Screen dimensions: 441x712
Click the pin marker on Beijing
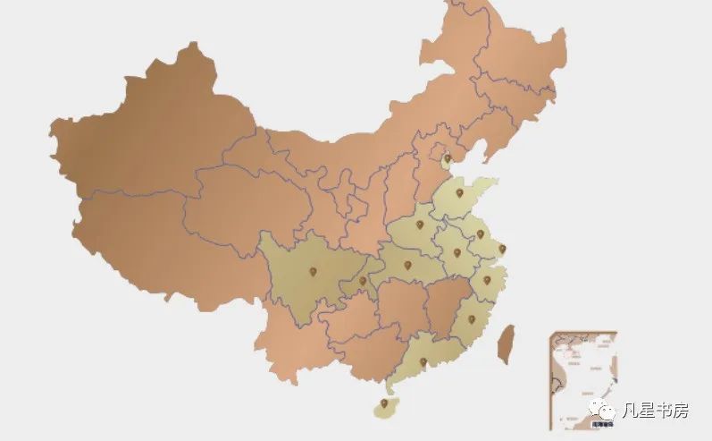pos(447,159)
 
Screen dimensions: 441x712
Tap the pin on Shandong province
pos(460,192)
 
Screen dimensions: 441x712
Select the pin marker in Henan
pos(419,225)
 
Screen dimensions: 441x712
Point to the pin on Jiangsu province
pos(480,234)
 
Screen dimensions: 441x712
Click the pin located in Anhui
pos(457,252)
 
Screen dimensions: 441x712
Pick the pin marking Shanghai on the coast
pos(502,249)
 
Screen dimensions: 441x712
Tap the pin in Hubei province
pos(407,265)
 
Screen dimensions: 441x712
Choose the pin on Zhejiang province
pos(487,280)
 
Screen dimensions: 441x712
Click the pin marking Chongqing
pos(363,281)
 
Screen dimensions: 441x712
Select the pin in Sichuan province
pos(313,271)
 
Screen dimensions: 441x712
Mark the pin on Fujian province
pos(471,319)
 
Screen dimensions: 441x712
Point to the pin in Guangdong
pos(423,361)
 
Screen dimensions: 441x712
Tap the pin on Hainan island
pos(385,404)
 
